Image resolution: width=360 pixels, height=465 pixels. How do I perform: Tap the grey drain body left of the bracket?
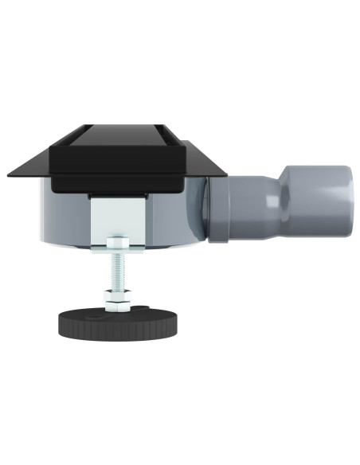[64, 215]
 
